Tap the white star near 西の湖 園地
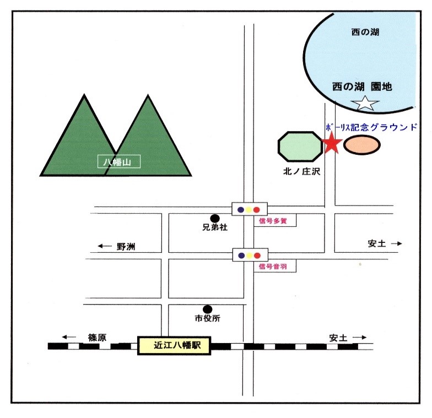coord(366,102)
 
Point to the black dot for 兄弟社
coord(215,219)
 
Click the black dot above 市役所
coord(207,310)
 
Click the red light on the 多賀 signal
coord(257,209)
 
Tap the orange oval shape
coord(361,145)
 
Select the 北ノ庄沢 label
coord(300,171)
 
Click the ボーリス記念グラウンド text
coord(371,127)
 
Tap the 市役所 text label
coord(207,318)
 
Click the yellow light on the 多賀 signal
coord(249,209)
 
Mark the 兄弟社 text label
coord(215,227)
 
